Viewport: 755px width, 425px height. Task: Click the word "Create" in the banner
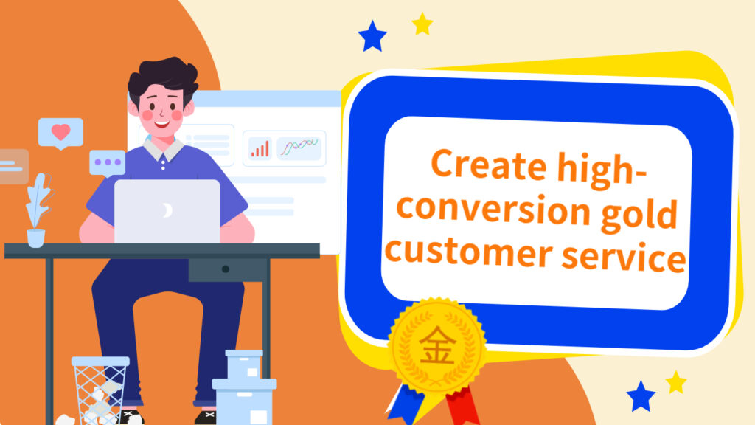tap(489, 165)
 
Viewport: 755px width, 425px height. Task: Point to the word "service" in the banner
tap(624, 255)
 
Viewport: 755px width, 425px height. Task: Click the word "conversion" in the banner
tap(493, 209)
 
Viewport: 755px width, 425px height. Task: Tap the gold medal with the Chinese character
tap(437, 345)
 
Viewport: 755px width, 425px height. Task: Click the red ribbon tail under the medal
tap(462, 406)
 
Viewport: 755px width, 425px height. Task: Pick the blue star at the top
tap(372, 36)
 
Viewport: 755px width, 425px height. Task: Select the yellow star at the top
tap(422, 24)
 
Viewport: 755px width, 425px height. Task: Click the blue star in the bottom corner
tap(641, 396)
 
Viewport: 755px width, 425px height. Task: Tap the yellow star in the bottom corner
tap(676, 382)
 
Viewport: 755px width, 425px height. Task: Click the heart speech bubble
tap(60, 134)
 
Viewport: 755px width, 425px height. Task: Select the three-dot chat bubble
tap(108, 163)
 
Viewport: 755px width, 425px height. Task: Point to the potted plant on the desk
tap(38, 210)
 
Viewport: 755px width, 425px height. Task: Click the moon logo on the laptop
tap(167, 210)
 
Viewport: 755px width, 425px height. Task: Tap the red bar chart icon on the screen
tap(260, 149)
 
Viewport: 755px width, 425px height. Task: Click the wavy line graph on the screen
tap(299, 145)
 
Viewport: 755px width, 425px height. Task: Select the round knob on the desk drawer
tap(226, 269)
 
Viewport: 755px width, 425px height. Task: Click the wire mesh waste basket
tap(100, 390)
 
